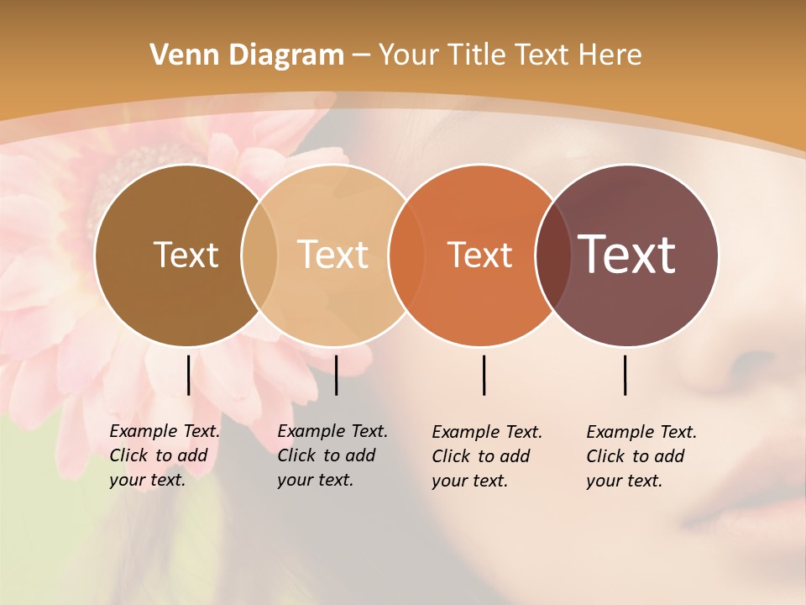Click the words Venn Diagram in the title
pos(247,55)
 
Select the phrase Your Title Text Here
pos(510,55)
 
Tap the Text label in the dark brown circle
pos(186,255)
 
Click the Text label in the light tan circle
pos(333,255)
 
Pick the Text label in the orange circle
pos(479,255)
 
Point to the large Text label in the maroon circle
pos(626,254)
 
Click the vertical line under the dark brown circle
pos(188,375)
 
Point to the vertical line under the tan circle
pos(336,375)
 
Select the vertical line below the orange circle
pos(484,375)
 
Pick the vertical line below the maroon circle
pos(625,375)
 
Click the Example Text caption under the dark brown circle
pos(165,455)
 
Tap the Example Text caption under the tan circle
pos(332,455)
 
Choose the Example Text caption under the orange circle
pos(487,456)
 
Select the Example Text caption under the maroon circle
pos(641,456)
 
